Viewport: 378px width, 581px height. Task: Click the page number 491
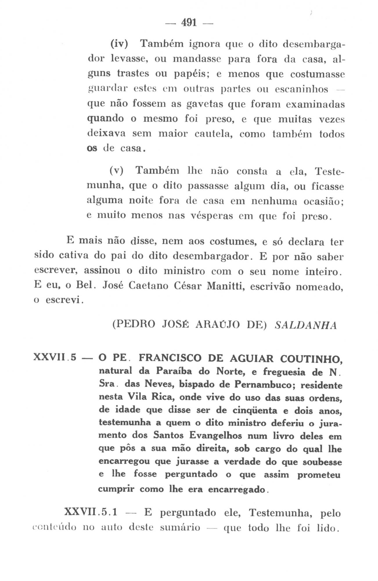pyautogui.click(x=189, y=22)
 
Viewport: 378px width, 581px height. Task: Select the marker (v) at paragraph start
pyautogui.click(x=117, y=171)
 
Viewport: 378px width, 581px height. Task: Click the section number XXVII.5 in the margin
pyautogui.click(x=55, y=357)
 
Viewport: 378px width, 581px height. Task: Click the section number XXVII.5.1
pyautogui.click(x=91, y=512)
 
